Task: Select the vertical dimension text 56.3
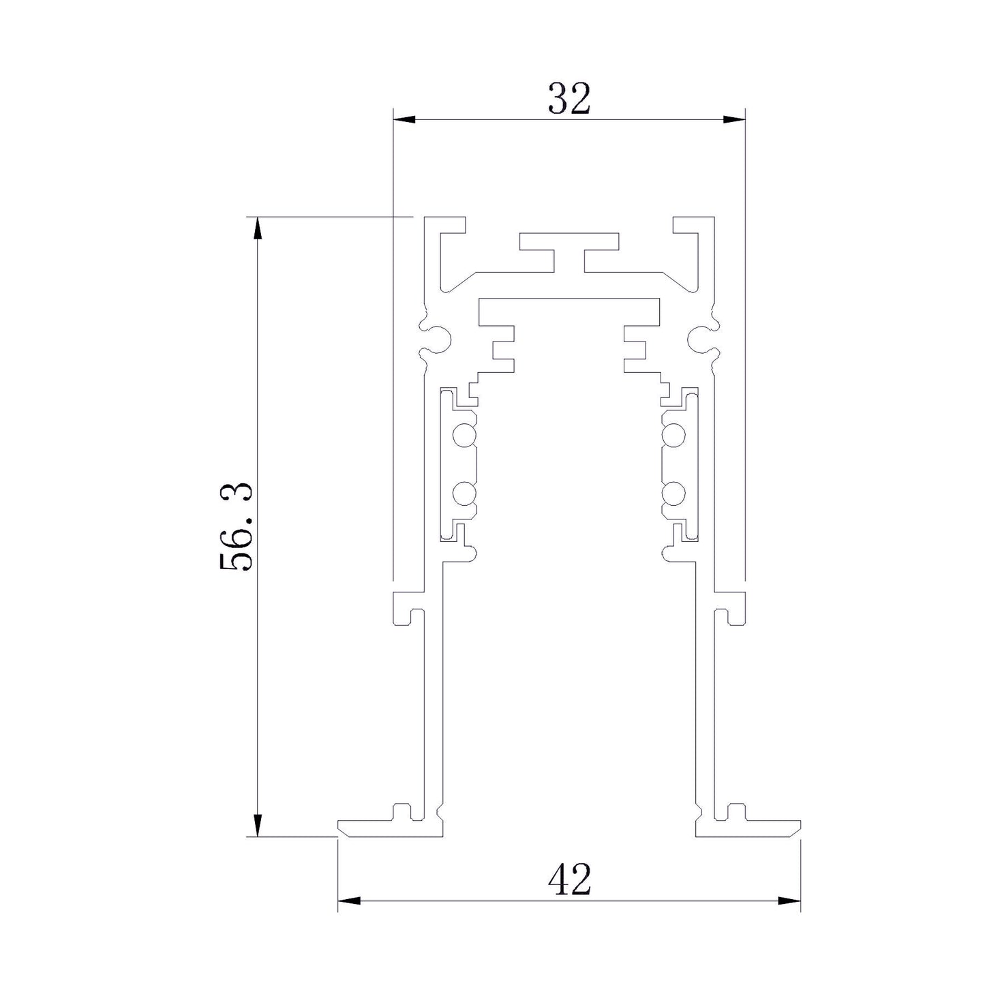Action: (236, 526)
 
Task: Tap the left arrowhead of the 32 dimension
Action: (403, 119)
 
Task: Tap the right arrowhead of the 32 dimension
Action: (734, 119)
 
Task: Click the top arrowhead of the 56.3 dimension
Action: (258, 228)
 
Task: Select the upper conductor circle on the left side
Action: (464, 436)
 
